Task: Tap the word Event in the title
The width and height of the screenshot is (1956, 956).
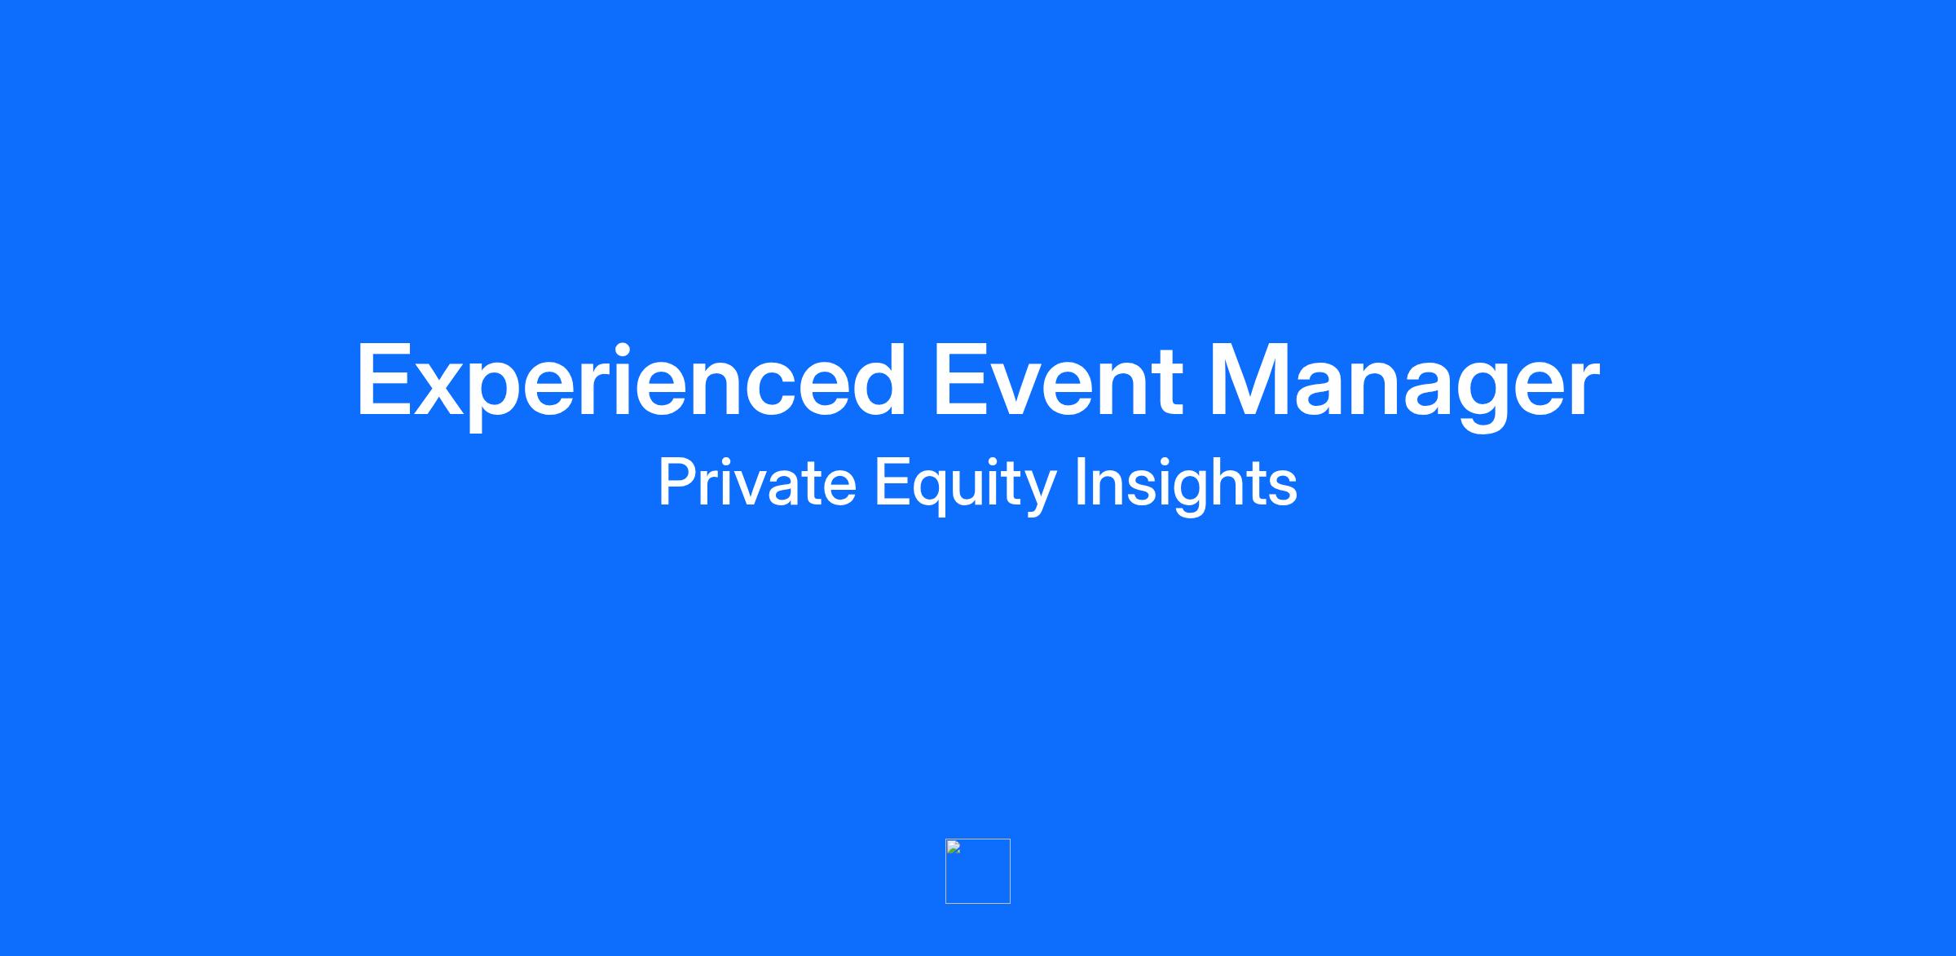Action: coord(1058,380)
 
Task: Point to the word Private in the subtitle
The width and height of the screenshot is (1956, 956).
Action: coord(757,482)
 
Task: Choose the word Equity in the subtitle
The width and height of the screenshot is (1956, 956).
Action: coord(966,486)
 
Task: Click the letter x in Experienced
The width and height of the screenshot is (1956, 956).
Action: coord(442,390)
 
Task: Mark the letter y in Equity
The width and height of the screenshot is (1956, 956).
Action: coord(1037,493)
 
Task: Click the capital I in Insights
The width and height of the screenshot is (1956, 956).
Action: coord(1080,482)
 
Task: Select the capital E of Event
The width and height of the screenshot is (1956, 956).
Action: coord(962,381)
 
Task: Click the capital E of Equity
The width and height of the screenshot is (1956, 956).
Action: coord(892,482)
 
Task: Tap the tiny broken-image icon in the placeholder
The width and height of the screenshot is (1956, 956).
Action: coord(954,847)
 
